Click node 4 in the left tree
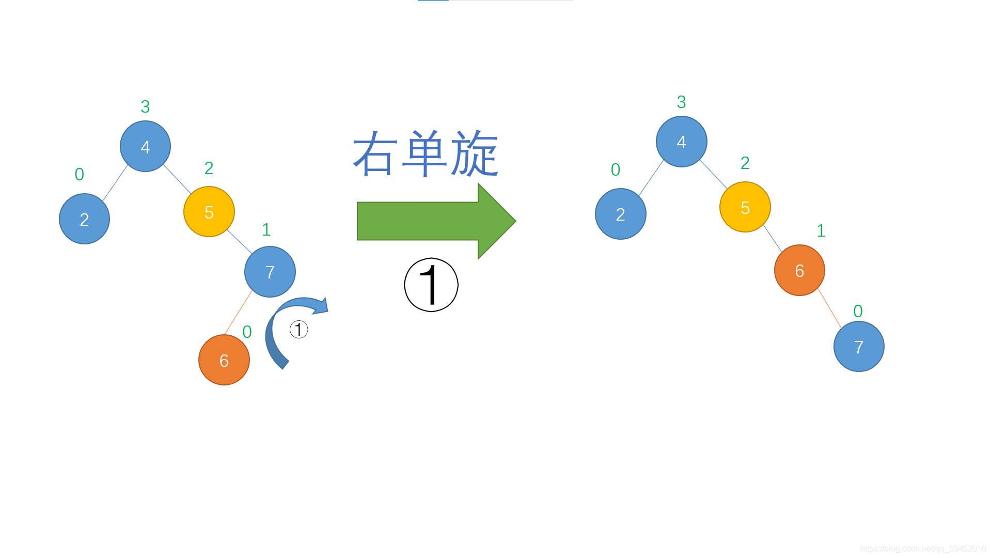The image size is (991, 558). pyautogui.click(x=145, y=147)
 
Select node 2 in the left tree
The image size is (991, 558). pyautogui.click(x=84, y=219)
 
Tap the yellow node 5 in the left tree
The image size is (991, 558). pyautogui.click(x=209, y=212)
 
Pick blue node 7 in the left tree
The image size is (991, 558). pyautogui.click(x=270, y=272)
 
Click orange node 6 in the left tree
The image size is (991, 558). pyautogui.click(x=224, y=360)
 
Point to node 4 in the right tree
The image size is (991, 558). pyautogui.click(x=681, y=142)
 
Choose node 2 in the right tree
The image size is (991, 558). pyautogui.click(x=620, y=214)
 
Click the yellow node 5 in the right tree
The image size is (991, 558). pyautogui.click(x=745, y=207)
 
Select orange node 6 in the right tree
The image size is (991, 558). pyautogui.click(x=799, y=270)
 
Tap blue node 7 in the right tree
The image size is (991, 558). pyautogui.click(x=859, y=347)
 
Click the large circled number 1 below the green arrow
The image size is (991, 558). pyautogui.click(x=431, y=285)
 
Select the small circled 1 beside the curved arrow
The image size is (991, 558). pyautogui.click(x=298, y=329)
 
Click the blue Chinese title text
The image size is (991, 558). pyautogui.click(x=426, y=153)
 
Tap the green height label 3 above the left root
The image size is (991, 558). pyautogui.click(x=145, y=106)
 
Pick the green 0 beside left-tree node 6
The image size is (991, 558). pyautogui.click(x=247, y=332)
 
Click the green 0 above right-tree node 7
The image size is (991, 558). pyautogui.click(x=858, y=311)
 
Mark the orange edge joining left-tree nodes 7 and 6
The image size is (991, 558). pyautogui.click(x=239, y=312)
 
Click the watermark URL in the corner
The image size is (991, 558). pyautogui.click(x=923, y=549)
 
